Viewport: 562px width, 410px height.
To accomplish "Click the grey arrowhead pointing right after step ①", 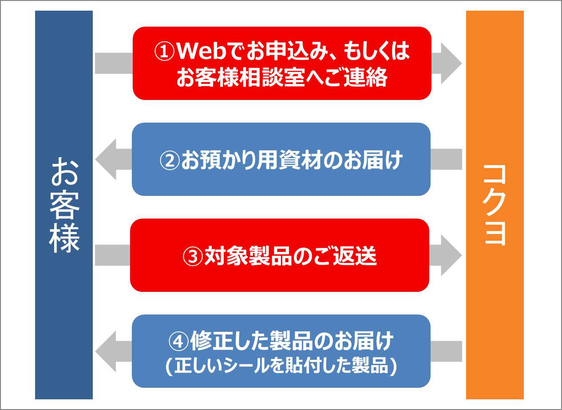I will point(451,63).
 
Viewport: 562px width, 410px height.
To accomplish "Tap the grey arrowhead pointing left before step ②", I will point(106,159).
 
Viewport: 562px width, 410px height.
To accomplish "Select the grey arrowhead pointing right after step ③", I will point(451,255).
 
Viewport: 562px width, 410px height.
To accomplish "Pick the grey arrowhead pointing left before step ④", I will point(106,351).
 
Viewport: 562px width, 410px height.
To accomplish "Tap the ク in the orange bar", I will point(495,205).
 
